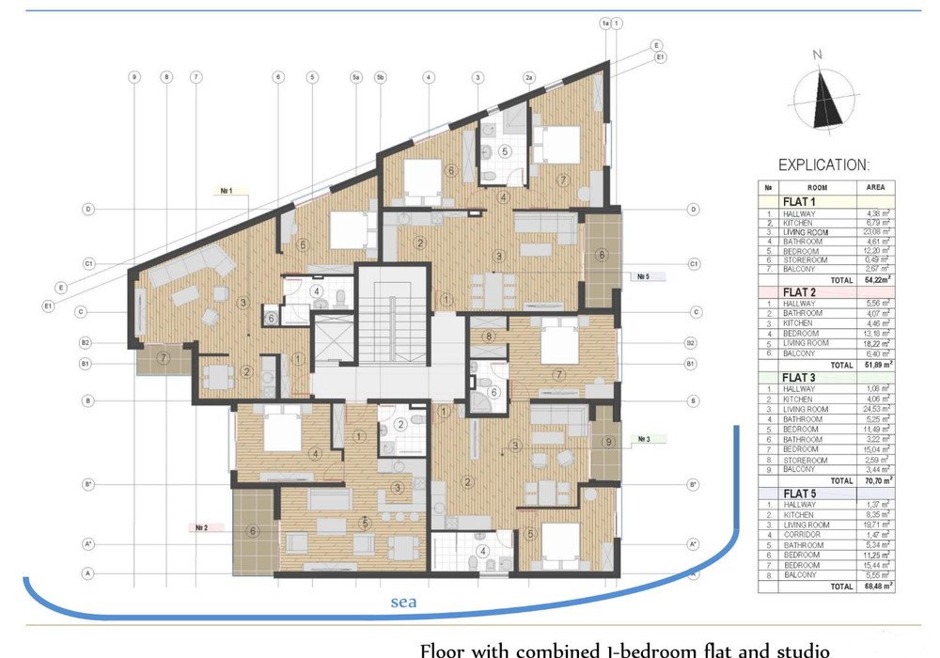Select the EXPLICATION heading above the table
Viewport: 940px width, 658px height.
pyautogui.click(x=823, y=164)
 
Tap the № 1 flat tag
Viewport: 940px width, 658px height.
pyautogui.click(x=227, y=189)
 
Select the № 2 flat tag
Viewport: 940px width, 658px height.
pyautogui.click(x=201, y=528)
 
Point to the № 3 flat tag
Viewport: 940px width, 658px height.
pyautogui.click(x=646, y=438)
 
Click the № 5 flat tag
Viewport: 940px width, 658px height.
pyautogui.click(x=644, y=276)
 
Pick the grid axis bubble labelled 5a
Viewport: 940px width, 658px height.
pyautogui.click(x=356, y=77)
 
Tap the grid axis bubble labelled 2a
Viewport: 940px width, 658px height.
pyautogui.click(x=529, y=77)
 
